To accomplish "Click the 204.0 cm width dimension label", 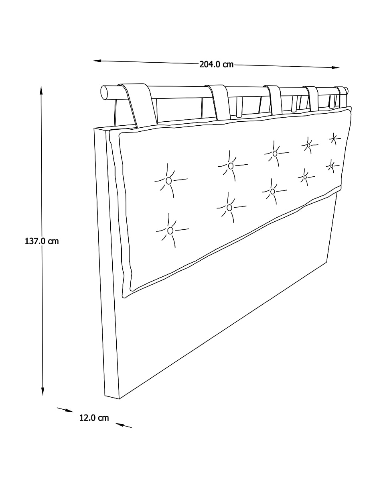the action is pyautogui.click(x=216, y=64).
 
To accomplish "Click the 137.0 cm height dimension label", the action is pyautogui.click(x=42, y=241).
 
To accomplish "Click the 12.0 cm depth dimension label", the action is pyautogui.click(x=94, y=418).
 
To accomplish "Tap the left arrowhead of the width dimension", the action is pyautogui.click(x=97, y=61).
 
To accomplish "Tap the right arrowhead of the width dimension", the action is pyautogui.click(x=336, y=67).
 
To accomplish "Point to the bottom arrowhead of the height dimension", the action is pyautogui.click(x=43, y=391).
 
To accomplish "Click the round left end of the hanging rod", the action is pyautogui.click(x=104, y=92).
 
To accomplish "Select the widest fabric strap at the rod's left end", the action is pyautogui.click(x=138, y=106).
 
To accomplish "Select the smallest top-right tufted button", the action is pyautogui.click(x=334, y=139).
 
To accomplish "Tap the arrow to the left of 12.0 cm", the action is pyautogui.click(x=65, y=410).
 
